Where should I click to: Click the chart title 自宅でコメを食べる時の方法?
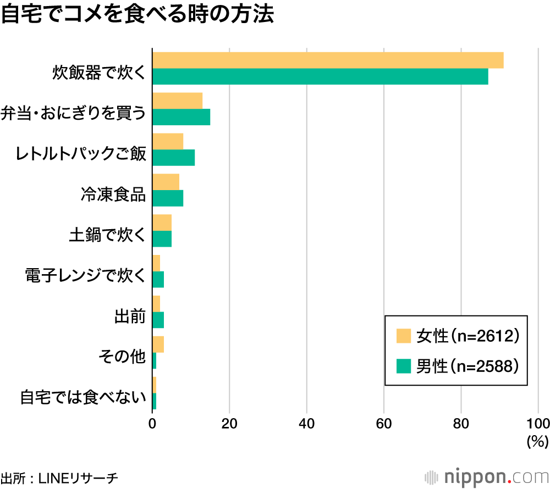point(137,15)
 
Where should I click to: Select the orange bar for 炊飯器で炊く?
point(328,60)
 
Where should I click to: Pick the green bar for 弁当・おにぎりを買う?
point(181,117)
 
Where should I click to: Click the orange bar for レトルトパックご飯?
point(168,141)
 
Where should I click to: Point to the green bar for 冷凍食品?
point(168,198)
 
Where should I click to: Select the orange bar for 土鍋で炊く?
point(162,223)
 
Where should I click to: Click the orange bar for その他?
point(158,344)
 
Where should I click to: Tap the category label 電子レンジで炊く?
point(85,275)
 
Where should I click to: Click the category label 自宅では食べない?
point(82,397)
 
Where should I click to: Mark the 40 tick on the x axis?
point(306,423)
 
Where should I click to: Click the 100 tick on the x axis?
point(537,423)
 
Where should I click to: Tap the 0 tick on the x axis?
point(152,423)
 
